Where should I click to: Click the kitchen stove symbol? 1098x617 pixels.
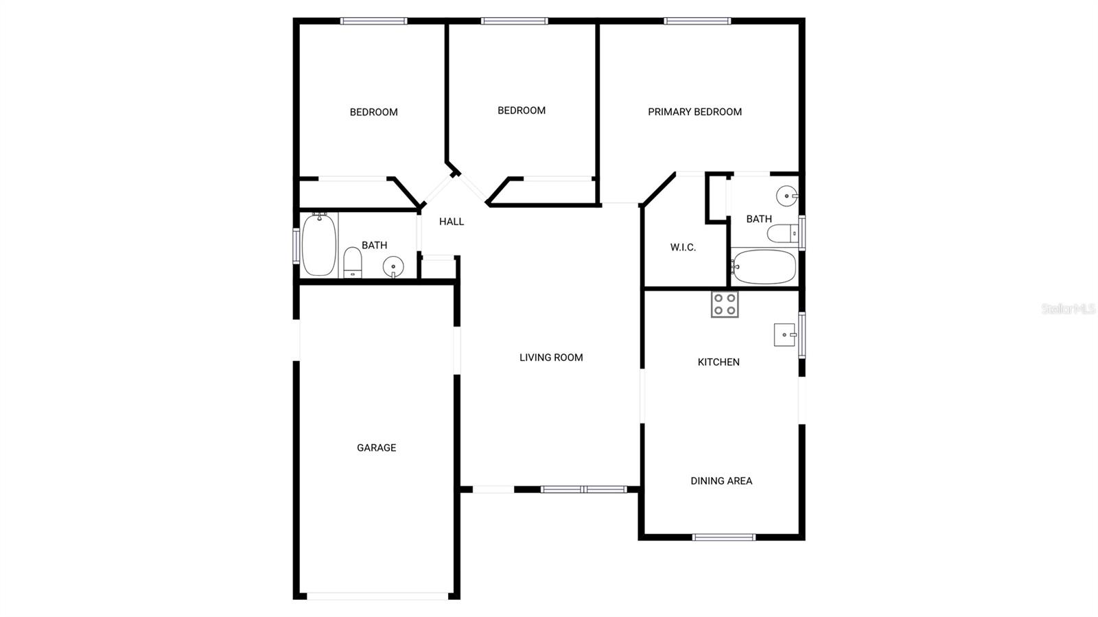click(725, 304)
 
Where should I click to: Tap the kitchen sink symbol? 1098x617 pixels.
click(784, 335)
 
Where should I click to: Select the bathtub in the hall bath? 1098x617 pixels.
click(319, 245)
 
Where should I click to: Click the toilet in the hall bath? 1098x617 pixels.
click(352, 262)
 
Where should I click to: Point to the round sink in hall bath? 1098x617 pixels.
click(393, 266)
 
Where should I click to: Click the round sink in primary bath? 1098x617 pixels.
click(786, 196)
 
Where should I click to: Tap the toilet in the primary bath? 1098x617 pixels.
click(783, 234)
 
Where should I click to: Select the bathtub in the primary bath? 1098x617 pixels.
click(764, 267)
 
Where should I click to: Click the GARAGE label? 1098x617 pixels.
click(376, 447)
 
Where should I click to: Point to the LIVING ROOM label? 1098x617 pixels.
click(551, 357)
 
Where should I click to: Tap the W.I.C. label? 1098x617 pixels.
click(683, 247)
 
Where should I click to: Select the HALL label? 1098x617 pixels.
click(452, 221)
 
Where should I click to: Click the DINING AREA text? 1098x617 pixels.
click(721, 480)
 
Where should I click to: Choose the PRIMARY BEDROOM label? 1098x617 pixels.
click(694, 111)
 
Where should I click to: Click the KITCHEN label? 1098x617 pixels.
click(719, 362)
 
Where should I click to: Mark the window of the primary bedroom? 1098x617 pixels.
click(697, 21)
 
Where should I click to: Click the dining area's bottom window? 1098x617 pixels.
click(723, 537)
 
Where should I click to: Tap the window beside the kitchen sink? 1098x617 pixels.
click(802, 335)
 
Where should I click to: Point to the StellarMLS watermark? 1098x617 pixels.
click(1068, 309)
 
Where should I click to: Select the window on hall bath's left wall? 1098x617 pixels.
click(296, 246)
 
